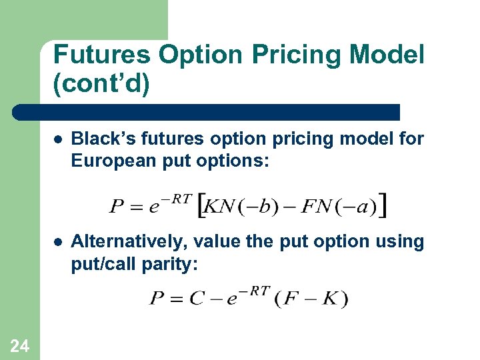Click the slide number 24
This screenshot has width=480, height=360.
[x=20, y=345]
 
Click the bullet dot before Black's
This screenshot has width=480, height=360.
[x=59, y=140]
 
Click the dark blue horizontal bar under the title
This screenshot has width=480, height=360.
[x=207, y=112]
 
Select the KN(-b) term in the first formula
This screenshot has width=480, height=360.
[x=236, y=207]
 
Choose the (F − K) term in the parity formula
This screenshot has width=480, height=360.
[x=311, y=298]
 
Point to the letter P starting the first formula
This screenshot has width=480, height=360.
[x=117, y=207]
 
